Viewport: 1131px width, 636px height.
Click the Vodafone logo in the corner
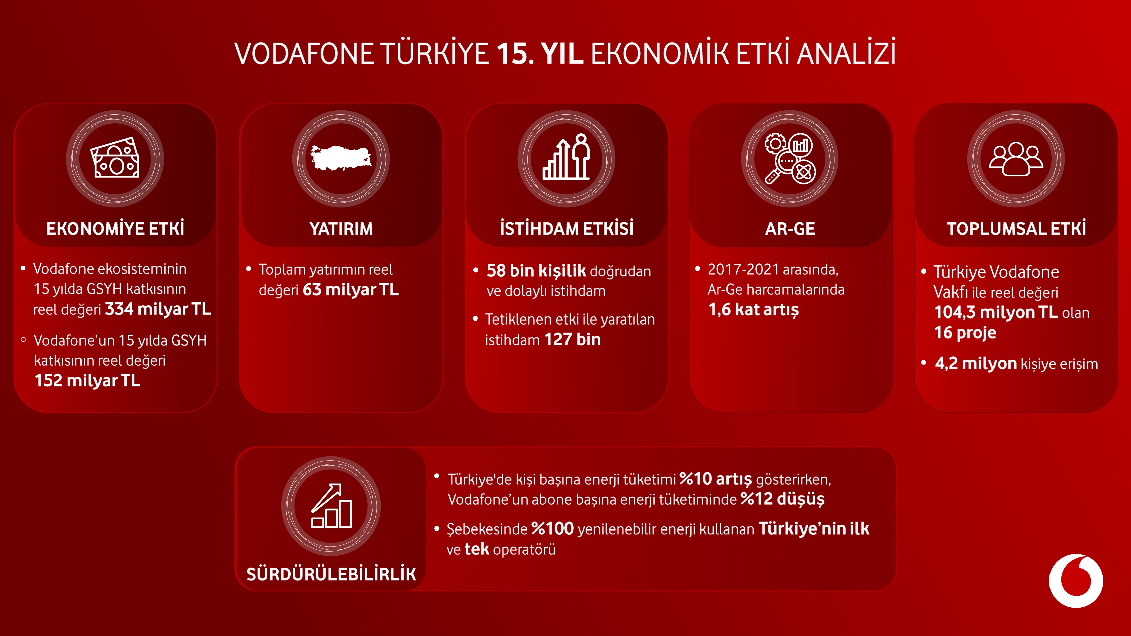(x=1075, y=580)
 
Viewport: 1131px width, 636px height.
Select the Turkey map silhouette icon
(x=341, y=158)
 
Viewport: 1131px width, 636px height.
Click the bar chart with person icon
(x=567, y=158)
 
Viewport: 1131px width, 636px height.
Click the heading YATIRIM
(x=341, y=229)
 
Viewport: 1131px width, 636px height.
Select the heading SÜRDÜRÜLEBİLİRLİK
(x=331, y=574)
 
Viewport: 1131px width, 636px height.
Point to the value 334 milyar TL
(x=158, y=309)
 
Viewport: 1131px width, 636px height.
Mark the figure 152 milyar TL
(x=88, y=381)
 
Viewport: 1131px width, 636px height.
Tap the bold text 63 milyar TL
(x=350, y=290)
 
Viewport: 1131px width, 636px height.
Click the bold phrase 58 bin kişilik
(x=536, y=271)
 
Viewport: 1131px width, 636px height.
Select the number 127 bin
(x=573, y=339)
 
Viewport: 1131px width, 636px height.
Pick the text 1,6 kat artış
(x=754, y=310)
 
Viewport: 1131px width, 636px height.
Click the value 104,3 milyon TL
(x=995, y=312)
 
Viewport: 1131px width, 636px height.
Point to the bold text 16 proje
(x=965, y=333)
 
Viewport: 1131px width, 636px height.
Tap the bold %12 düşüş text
(x=782, y=499)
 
